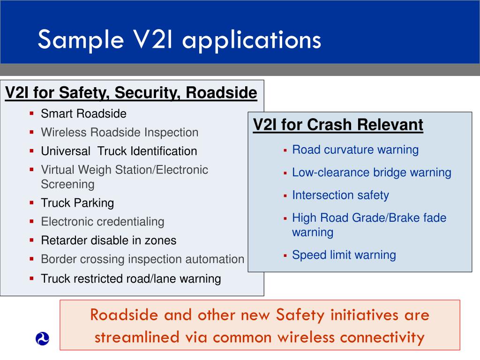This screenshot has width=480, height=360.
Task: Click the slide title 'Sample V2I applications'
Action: [179, 39]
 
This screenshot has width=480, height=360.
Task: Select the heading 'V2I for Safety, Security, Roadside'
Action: [131, 93]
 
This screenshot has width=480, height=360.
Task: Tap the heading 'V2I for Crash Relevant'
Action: [338, 125]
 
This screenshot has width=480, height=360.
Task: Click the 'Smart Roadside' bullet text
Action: [83, 114]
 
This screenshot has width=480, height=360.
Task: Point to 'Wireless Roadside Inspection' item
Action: [120, 133]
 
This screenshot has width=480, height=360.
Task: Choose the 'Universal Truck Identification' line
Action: [119, 151]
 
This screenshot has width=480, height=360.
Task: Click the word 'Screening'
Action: [67, 184]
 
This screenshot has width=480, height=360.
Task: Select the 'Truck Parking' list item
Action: [77, 203]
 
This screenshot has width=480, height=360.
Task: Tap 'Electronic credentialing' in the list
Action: [103, 222]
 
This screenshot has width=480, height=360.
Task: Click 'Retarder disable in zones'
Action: [109, 240]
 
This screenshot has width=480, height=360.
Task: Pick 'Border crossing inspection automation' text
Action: [142, 259]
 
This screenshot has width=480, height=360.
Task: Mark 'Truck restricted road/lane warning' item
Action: [131, 279]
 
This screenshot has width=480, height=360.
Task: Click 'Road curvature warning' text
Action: [355, 150]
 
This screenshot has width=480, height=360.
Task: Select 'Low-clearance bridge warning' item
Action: [372, 172]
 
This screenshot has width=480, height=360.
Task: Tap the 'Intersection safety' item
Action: [340, 195]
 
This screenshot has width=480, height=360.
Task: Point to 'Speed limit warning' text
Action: [344, 255]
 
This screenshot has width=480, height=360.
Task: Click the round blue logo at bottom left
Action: [42, 338]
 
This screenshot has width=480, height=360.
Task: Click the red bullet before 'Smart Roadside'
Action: [31, 114]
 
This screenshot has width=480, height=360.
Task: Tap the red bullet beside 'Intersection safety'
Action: [285, 195]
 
